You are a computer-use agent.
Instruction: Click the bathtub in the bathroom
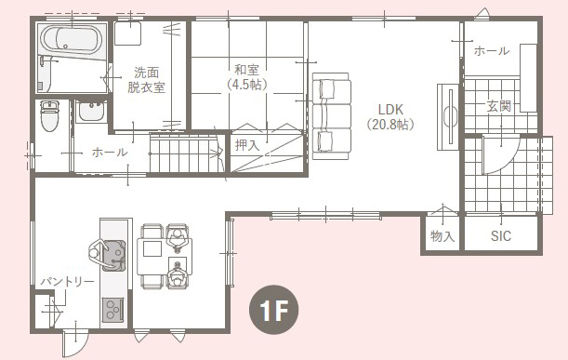tap(72, 40)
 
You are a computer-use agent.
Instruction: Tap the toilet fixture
tap(49, 115)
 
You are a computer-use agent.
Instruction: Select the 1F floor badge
tap(274, 309)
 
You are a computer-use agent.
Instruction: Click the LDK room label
tap(390, 110)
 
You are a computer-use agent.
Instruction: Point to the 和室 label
tap(247, 69)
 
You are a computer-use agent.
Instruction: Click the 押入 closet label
tap(247, 145)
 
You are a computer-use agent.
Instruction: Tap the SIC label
tap(501, 236)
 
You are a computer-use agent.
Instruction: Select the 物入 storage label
tap(443, 236)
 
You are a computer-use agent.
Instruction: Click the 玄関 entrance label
tap(499, 106)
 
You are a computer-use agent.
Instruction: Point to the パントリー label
tap(67, 281)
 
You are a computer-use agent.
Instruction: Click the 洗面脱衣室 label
tap(146, 79)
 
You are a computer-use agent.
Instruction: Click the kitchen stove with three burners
tap(113, 310)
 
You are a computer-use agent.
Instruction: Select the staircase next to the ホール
tap(187, 153)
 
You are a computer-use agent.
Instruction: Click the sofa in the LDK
tap(332, 116)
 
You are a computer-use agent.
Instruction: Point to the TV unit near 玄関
tap(448, 116)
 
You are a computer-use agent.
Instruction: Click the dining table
tap(165, 257)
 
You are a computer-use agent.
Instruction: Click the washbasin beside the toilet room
tap(91, 112)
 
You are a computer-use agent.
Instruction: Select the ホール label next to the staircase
tap(110, 152)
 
